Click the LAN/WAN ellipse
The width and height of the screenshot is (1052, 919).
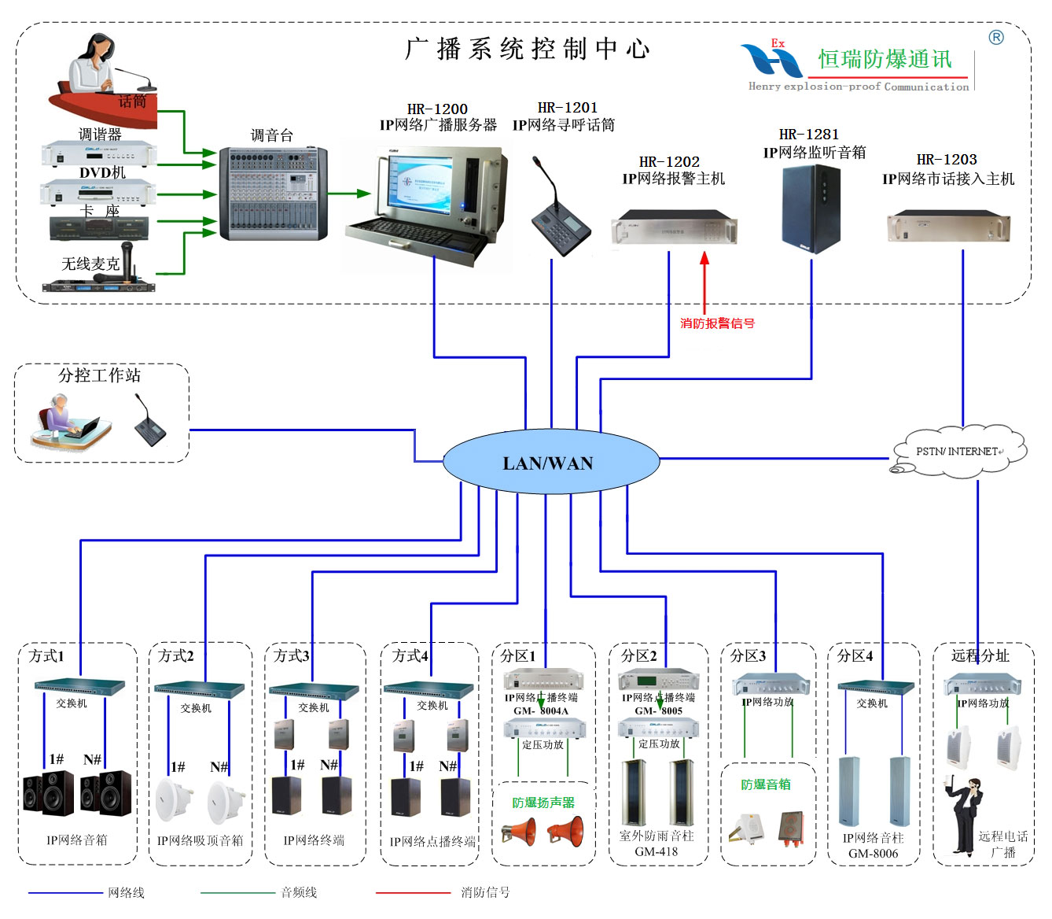coord(550,463)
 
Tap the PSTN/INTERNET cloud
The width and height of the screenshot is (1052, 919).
coord(958,452)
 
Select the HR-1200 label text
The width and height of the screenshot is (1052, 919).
coord(437,109)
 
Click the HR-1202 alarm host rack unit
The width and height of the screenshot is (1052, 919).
coord(674,227)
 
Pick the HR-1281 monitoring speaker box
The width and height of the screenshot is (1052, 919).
coord(811,209)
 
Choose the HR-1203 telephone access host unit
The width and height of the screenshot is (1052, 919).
coord(948,227)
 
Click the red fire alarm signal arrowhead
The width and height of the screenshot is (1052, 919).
coord(704,258)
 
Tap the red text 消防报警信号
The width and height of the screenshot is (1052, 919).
coord(717,323)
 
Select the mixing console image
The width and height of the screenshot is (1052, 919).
coord(272,194)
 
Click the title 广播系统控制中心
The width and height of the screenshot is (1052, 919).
coord(528,49)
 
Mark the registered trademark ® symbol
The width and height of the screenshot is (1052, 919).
coord(996,37)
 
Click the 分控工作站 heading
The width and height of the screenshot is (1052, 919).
coord(99,375)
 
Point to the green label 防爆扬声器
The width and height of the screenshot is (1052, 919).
coord(543,803)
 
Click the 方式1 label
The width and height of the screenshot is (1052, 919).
coord(46,655)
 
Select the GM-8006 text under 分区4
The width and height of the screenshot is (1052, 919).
coord(873,854)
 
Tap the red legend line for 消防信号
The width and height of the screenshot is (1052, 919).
coord(413,893)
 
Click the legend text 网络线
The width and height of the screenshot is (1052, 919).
coord(126,893)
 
